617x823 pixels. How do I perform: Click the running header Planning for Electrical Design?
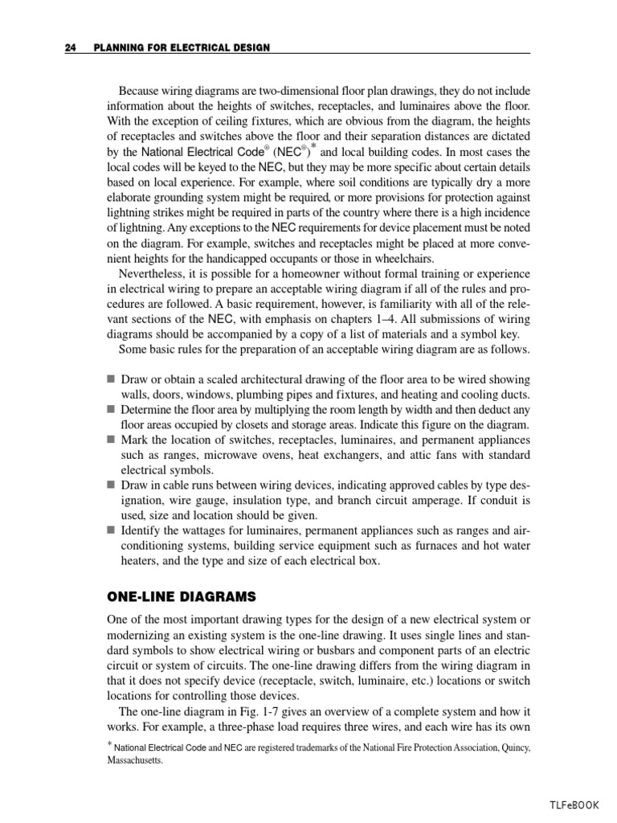(175, 48)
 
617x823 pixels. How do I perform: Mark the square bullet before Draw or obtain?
(111, 379)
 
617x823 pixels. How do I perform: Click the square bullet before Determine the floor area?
(111, 409)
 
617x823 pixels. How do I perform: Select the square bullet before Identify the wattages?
(111, 530)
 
